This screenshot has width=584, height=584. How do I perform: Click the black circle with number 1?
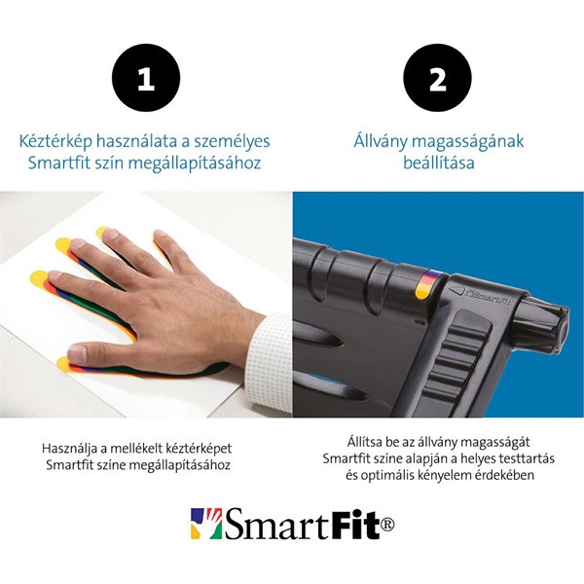click(x=146, y=79)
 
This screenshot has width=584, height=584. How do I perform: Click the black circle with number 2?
click(x=438, y=79)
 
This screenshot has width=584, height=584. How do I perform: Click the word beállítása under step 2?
click(x=438, y=163)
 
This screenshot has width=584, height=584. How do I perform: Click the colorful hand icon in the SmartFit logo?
click(x=205, y=523)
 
